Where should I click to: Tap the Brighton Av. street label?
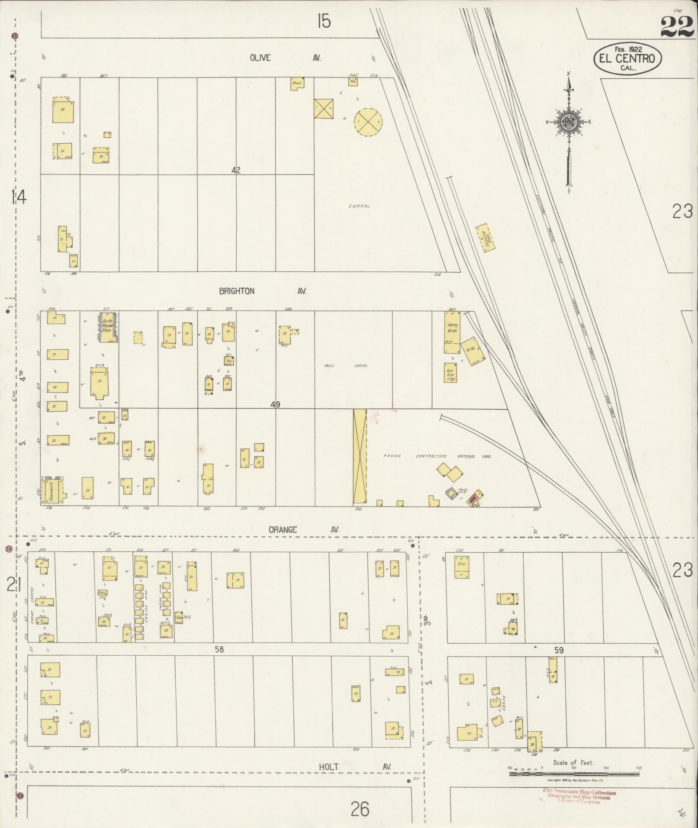point(262,291)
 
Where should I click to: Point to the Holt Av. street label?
point(355,767)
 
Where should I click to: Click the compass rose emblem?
point(568,122)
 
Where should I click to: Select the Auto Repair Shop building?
point(107,327)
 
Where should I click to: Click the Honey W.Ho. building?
point(453,332)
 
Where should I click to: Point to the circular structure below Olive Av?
point(368,122)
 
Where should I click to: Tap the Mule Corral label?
point(346,366)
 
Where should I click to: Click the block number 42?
point(235,170)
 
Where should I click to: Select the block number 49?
point(275,405)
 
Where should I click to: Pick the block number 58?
point(219,649)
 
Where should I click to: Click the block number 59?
point(559,650)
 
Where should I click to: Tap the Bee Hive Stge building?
point(450,373)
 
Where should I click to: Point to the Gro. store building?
point(462,567)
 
